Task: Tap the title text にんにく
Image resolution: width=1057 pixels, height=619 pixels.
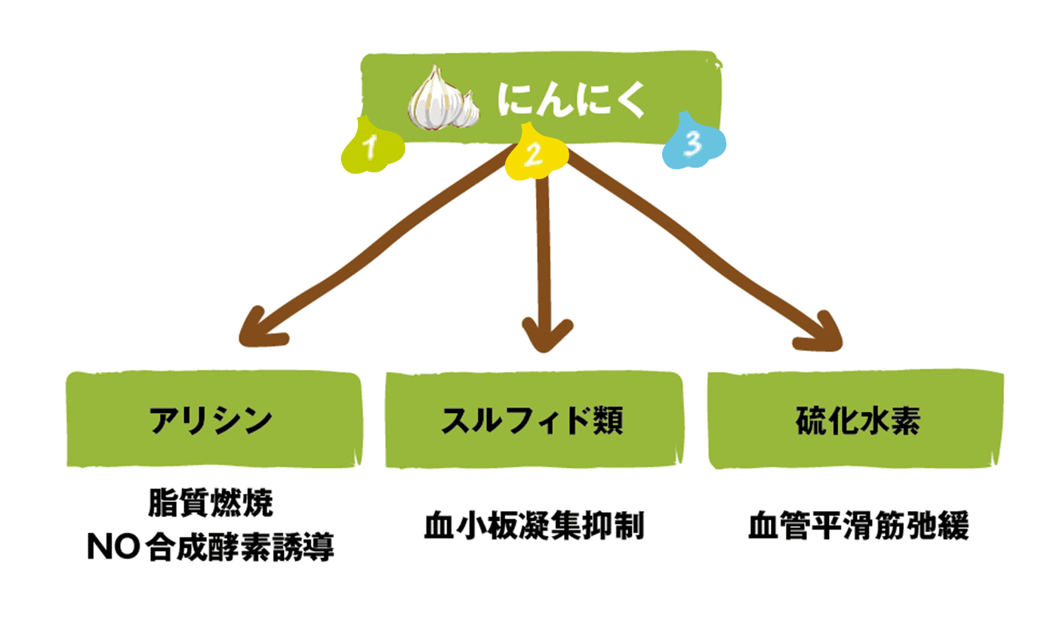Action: click(571, 100)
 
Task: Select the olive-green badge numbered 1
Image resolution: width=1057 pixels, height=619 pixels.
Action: click(371, 146)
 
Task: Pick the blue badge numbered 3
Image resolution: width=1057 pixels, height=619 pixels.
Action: click(694, 141)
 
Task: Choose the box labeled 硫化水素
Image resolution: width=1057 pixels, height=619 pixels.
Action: click(857, 420)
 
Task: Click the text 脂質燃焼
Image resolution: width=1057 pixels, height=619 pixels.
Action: click(211, 504)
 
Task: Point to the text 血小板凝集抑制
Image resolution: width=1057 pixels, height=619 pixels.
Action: click(534, 526)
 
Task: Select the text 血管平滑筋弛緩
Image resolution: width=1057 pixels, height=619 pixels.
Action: click(858, 526)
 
